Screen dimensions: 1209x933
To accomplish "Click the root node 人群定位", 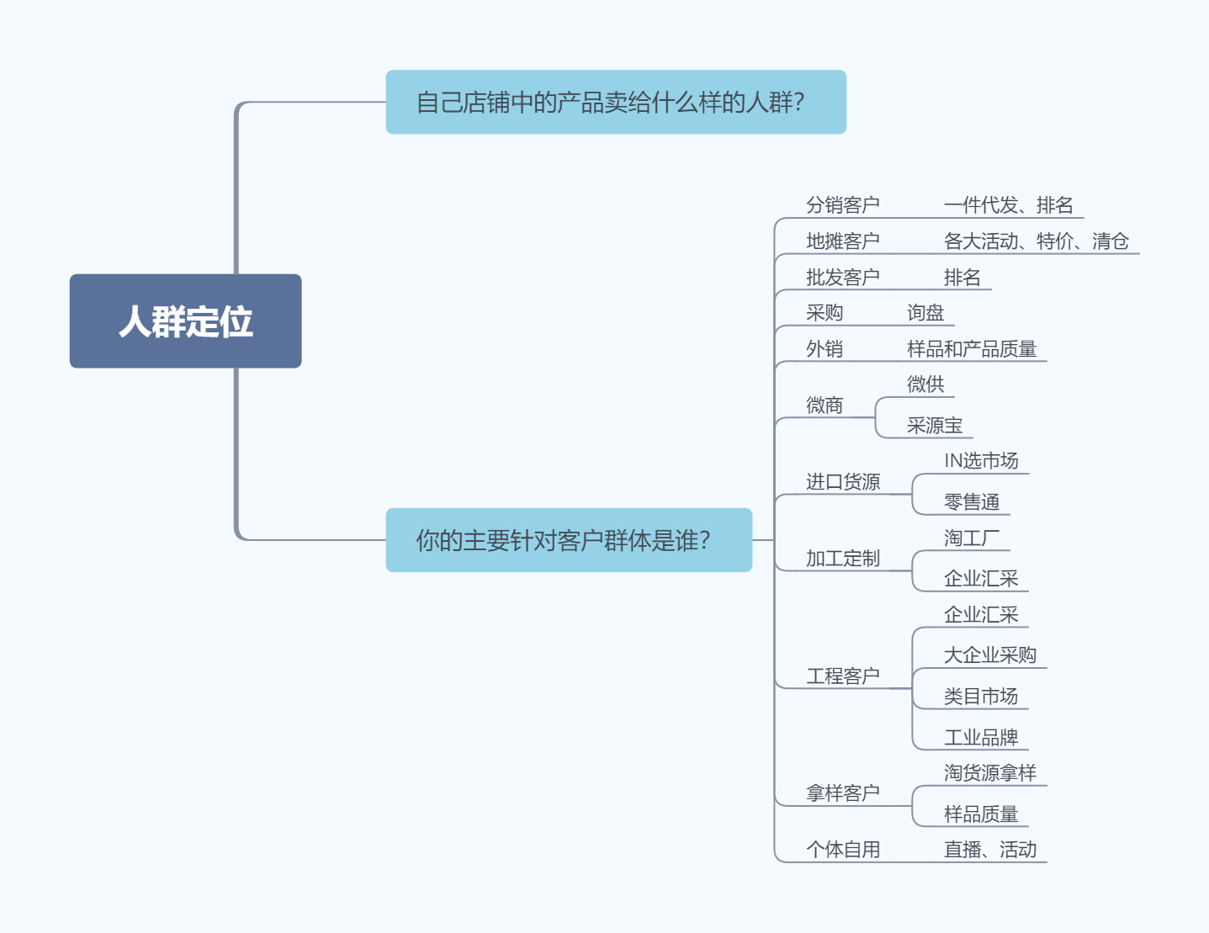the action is [185, 321].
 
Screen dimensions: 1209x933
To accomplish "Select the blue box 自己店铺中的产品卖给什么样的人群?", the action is [616, 102].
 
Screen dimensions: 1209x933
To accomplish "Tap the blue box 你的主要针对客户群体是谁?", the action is [569, 539].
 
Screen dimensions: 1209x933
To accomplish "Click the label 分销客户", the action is [843, 204].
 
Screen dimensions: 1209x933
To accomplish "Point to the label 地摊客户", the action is [843, 241].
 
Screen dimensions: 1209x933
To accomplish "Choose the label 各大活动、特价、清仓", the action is [1036, 241].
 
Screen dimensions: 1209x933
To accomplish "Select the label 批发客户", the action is [843, 277].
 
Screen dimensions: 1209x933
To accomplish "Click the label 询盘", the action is [925, 313].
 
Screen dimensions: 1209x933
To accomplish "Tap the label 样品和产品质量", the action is [972, 349].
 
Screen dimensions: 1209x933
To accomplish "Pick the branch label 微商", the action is [825, 405].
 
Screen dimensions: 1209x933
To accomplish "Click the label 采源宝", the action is [935, 426].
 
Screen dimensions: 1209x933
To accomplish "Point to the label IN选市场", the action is [981, 461].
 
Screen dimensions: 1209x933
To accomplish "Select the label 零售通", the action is [972, 501].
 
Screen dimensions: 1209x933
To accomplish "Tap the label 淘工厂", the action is [972, 538].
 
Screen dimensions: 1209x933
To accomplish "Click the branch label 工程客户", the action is [843, 676].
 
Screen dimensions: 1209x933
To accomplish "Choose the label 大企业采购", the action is [989, 655].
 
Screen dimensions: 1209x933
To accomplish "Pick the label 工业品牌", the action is [981, 738].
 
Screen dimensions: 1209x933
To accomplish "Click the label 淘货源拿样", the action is [989, 773].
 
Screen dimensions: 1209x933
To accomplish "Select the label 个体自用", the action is [843, 850].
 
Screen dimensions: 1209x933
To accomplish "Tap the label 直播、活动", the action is [989, 850].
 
